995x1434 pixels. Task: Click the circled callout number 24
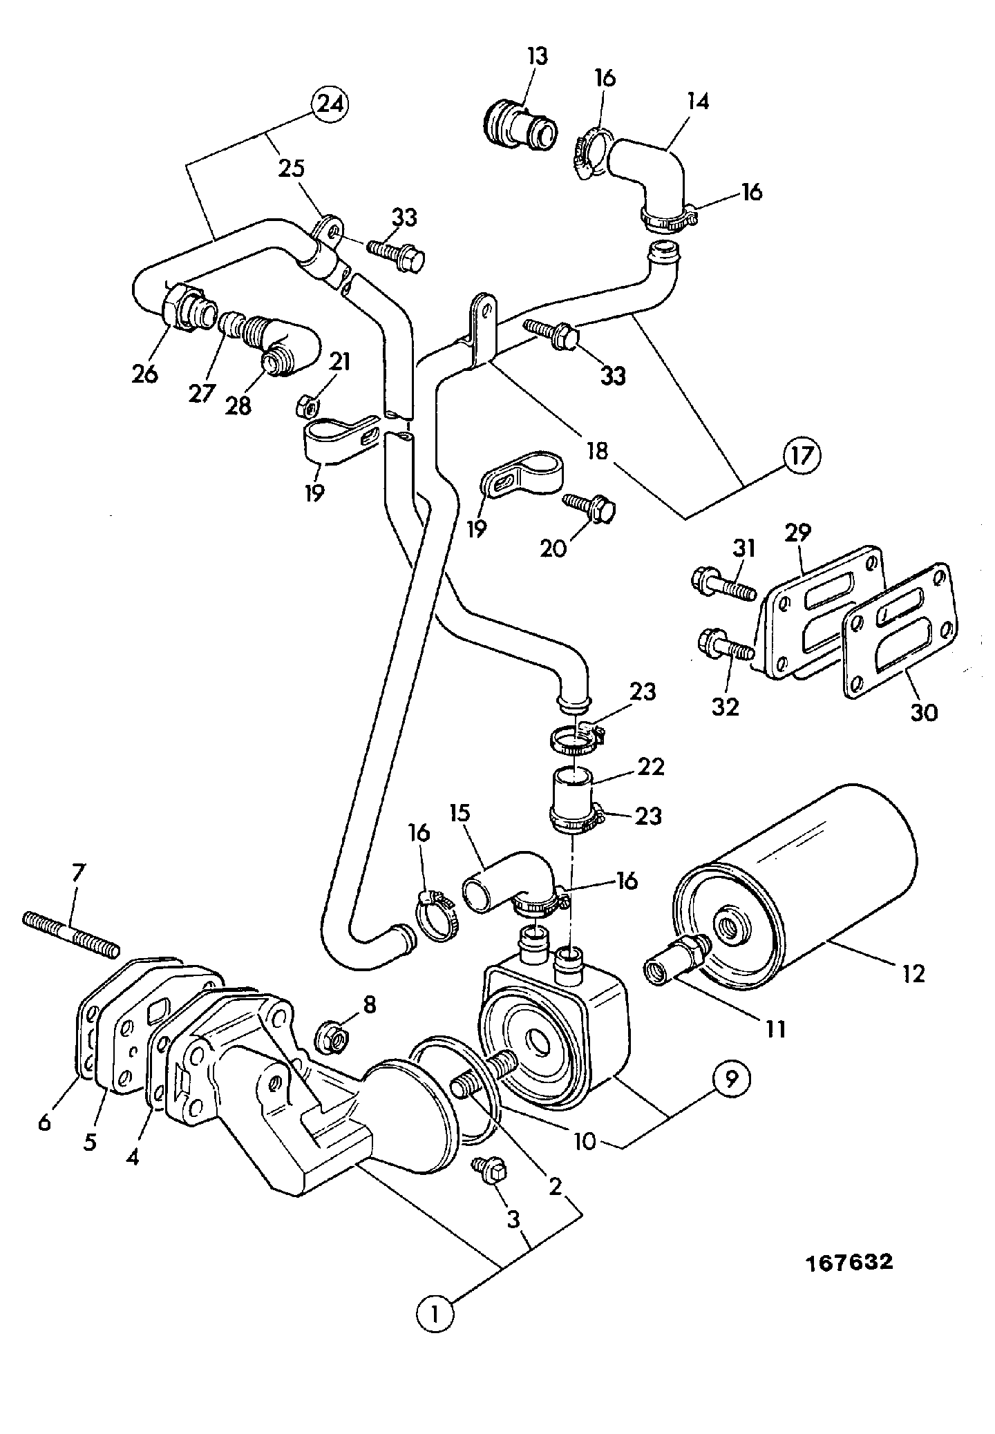point(330,105)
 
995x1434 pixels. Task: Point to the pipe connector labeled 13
point(520,125)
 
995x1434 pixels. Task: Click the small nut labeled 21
point(303,406)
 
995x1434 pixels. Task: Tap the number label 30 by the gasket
point(924,711)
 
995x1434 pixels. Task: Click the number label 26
point(146,374)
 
